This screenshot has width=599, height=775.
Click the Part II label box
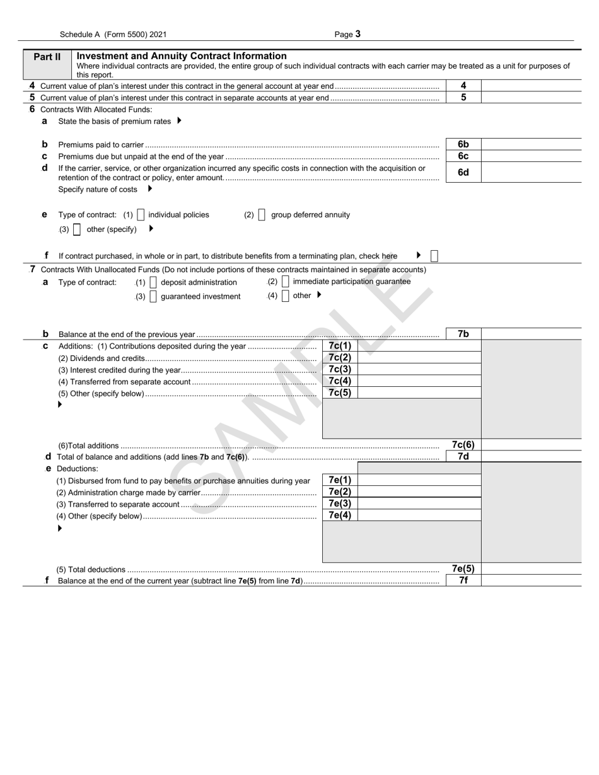pyautogui.click(x=47, y=57)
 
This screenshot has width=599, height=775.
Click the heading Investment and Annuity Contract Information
pyautogui.click(x=182, y=56)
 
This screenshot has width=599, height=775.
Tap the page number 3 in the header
pyautogui.click(x=358, y=35)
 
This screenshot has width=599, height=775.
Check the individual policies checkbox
pyautogui.click(x=141, y=215)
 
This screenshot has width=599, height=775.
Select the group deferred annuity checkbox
pyautogui.click(x=262, y=215)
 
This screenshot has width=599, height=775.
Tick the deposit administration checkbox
pyautogui.click(x=153, y=282)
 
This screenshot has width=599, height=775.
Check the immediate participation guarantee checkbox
pyautogui.click(x=286, y=282)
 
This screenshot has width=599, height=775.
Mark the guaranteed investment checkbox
pyautogui.click(x=153, y=297)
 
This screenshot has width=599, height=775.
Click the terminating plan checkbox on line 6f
pyautogui.click(x=434, y=256)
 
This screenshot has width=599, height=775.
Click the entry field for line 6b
pyautogui.click(x=531, y=144)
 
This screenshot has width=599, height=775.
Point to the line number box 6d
pyautogui.click(x=463, y=173)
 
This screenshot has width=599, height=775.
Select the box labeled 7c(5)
pyautogui.click(x=340, y=393)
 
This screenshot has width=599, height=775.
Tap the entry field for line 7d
pyautogui.click(x=531, y=457)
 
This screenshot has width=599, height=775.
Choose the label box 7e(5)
pyautogui.click(x=463, y=568)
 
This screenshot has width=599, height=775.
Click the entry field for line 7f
pyautogui.click(x=531, y=580)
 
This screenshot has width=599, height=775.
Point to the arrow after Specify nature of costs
pyautogui.click(x=149, y=188)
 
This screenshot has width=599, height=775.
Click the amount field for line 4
pyautogui.click(x=531, y=86)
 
